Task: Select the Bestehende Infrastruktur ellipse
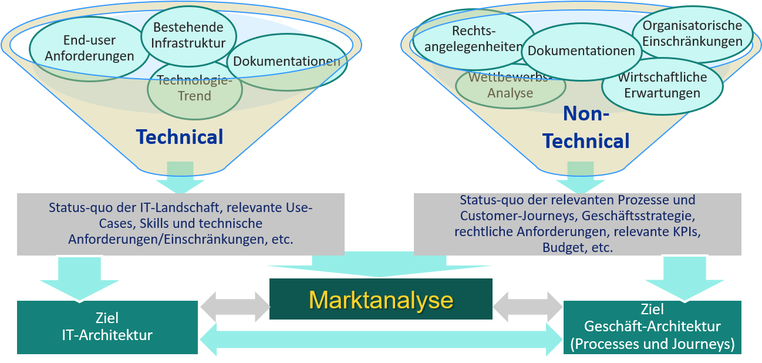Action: [188, 35]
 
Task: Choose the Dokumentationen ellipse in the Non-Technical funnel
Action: [581, 51]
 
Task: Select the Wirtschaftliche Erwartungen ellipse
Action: [662, 85]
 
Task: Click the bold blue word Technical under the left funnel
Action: [180, 137]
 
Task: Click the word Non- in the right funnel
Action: [586, 114]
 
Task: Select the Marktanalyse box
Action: [381, 300]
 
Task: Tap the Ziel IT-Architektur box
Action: [107, 327]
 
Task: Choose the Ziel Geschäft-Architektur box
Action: [652, 327]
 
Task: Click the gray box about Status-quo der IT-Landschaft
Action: [180, 224]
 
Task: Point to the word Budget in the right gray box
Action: [562, 247]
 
